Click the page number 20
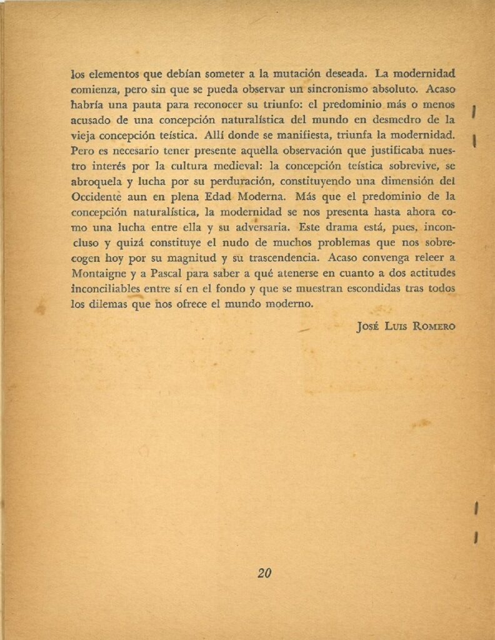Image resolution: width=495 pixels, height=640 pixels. click(x=264, y=572)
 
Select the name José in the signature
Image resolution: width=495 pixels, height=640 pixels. click(x=367, y=326)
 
